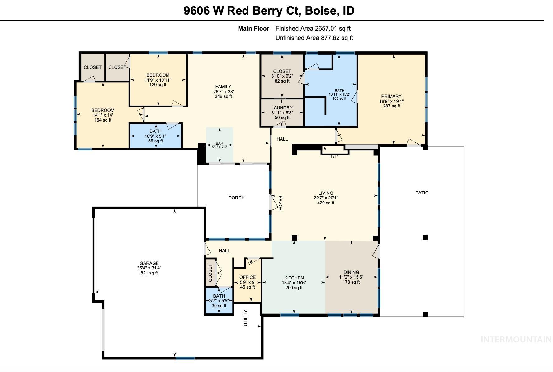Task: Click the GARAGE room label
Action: coord(149,263)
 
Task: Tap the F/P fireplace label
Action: coord(334,156)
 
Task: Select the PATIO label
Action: coord(422,193)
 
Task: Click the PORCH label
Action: coord(236,198)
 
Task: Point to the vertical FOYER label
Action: coord(280,203)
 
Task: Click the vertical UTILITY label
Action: coord(245,318)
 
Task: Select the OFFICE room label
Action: coord(248,277)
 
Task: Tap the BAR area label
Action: coord(220,143)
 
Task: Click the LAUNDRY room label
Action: coord(282,108)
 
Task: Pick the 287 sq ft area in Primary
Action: coord(391,106)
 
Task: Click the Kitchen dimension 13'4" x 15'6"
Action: coord(294,283)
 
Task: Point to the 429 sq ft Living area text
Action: coord(326,203)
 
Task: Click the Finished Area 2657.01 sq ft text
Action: coord(313,28)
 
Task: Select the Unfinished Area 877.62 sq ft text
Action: coord(314,38)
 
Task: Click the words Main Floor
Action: coord(253,28)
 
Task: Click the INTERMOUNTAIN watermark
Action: coord(516,340)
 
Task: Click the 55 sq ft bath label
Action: coord(155,141)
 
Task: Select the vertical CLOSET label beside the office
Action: coord(210,273)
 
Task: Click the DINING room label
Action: coord(351,272)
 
